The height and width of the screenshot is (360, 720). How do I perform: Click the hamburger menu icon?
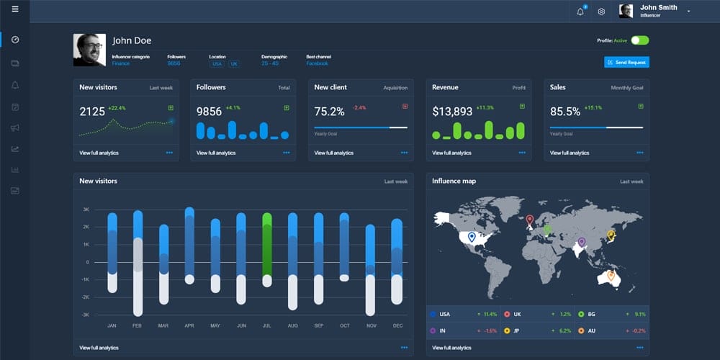(15, 9)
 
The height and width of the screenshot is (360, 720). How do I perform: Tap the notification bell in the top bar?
(580, 12)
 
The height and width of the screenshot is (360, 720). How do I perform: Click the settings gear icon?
(601, 12)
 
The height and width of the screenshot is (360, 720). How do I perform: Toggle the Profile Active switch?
(639, 40)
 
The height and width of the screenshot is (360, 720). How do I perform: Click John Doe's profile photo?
(89, 50)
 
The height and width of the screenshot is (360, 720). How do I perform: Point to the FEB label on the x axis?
(138, 325)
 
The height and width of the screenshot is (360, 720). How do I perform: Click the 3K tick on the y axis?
(86, 210)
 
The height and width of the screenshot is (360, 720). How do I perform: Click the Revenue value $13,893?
(452, 112)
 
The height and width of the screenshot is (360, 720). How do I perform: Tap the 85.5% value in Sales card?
(564, 112)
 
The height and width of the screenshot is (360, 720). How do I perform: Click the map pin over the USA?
(472, 237)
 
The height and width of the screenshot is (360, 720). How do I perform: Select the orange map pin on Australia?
(611, 275)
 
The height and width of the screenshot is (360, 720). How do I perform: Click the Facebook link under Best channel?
(317, 63)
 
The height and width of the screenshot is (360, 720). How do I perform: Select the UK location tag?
(234, 63)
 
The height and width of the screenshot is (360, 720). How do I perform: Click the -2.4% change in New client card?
(359, 108)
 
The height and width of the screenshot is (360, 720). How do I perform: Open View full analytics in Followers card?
(216, 153)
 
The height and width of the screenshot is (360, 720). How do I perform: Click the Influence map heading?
(454, 181)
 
